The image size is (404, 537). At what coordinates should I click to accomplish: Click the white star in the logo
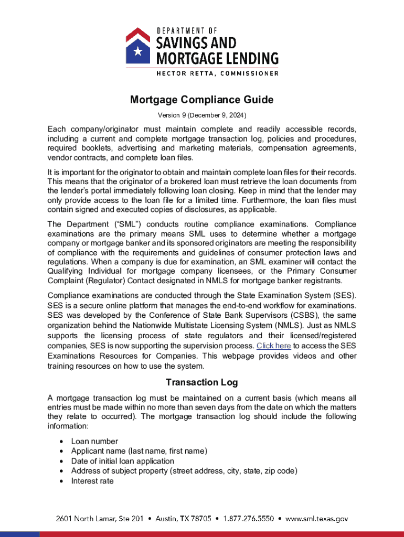click(x=137, y=51)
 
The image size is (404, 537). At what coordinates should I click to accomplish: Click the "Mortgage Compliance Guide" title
click(x=202, y=100)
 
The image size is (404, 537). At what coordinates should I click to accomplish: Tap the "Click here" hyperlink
click(x=273, y=346)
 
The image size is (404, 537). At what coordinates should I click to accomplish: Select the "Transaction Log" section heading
click(x=202, y=382)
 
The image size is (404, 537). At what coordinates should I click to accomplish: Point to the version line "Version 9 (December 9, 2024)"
click(x=202, y=115)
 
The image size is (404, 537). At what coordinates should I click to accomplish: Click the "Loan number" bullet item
click(x=94, y=441)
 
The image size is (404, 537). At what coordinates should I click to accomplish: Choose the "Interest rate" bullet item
click(x=92, y=481)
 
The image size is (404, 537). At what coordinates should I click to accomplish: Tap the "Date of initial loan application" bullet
click(x=123, y=461)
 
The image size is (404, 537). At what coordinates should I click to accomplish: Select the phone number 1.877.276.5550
click(x=249, y=519)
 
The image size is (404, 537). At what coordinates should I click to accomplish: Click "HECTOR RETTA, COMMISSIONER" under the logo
click(x=217, y=73)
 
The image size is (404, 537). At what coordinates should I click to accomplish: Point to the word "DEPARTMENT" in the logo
click(x=182, y=31)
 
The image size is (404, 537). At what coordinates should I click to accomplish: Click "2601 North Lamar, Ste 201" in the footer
click(x=100, y=519)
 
